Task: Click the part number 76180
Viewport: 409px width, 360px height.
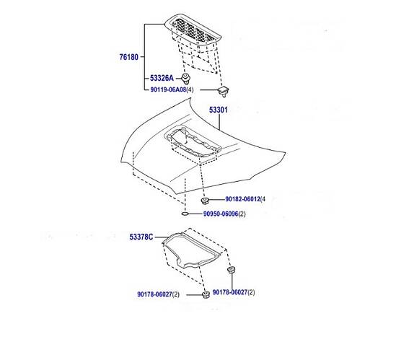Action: [x=128, y=57]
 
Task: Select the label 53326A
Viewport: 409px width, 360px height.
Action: [x=162, y=78]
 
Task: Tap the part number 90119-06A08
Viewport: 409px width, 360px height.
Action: [x=168, y=89]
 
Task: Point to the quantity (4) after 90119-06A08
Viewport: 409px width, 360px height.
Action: [x=190, y=89]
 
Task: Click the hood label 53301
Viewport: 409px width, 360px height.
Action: [x=219, y=110]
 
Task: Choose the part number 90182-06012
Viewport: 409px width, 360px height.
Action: [x=243, y=199]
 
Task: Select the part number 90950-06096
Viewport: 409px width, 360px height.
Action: [x=221, y=214]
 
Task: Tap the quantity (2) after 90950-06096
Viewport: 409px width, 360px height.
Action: [x=242, y=214]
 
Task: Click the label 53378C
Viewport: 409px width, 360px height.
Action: [x=141, y=237]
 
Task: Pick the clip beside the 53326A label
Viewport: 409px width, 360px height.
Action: [x=185, y=78]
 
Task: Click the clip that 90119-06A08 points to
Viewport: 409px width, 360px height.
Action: [x=224, y=91]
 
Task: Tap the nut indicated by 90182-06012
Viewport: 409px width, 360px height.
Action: [x=205, y=201]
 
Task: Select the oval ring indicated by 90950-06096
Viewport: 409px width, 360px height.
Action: [x=185, y=214]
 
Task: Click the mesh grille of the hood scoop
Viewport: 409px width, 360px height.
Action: [x=194, y=31]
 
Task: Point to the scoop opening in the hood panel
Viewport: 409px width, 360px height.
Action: [x=193, y=142]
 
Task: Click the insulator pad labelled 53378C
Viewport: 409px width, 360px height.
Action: [x=192, y=250]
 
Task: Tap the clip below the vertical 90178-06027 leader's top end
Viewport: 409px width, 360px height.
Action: [x=231, y=269]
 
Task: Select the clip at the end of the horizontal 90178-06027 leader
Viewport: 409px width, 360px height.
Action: [x=206, y=295]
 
